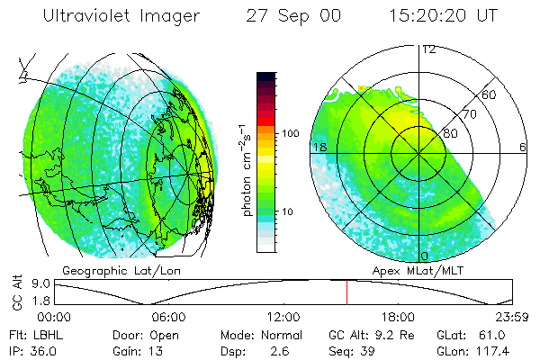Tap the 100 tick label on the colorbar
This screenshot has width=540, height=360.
tap(291, 133)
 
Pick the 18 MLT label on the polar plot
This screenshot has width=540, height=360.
tap(318, 147)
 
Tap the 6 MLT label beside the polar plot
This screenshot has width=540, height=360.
tap(523, 147)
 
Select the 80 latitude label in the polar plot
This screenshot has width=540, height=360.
tap(449, 133)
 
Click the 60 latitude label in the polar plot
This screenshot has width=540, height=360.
tap(490, 94)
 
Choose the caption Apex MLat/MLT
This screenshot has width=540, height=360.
tap(413, 270)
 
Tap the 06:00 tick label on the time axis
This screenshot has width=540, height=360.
tap(169, 317)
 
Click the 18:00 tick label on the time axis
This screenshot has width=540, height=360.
tap(397, 317)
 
